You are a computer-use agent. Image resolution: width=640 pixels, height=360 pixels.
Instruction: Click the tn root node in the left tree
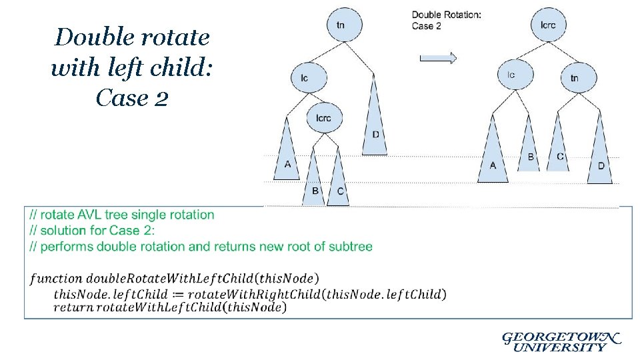341,25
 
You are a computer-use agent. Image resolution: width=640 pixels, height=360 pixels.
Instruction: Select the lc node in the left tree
304,78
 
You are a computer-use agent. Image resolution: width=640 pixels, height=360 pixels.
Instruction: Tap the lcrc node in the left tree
323,118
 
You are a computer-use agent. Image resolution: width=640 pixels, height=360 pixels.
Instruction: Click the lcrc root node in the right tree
549,25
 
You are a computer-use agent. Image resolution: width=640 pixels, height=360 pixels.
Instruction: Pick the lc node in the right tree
511,75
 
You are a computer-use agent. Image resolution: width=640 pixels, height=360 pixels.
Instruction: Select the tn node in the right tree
574,78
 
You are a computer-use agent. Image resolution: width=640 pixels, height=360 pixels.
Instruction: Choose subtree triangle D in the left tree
375,130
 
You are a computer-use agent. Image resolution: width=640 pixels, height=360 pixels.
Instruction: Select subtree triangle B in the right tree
530,152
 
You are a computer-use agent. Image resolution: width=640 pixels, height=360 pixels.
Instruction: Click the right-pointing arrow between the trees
438,58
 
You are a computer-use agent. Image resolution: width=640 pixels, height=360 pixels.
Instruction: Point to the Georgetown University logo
559,341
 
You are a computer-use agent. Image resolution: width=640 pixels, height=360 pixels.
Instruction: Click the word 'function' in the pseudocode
56,278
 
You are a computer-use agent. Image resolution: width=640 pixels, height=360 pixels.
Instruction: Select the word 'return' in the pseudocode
74,307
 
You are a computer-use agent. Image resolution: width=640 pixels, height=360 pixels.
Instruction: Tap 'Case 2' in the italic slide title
131,98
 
